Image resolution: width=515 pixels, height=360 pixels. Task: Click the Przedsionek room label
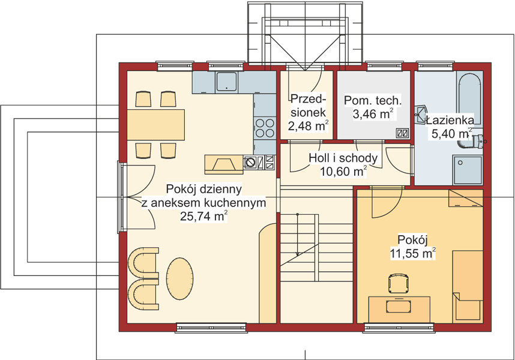[308, 106]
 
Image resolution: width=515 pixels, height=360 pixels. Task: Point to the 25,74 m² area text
[204, 216]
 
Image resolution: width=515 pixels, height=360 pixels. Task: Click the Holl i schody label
[343, 158]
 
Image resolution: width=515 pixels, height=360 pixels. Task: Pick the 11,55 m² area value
[413, 253]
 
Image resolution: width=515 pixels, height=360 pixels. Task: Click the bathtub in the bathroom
[469, 98]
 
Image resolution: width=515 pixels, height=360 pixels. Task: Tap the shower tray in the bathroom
[468, 170]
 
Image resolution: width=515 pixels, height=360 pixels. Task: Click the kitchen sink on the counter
[226, 82]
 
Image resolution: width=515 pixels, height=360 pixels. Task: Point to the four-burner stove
[265, 128]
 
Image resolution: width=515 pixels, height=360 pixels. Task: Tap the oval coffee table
[179, 278]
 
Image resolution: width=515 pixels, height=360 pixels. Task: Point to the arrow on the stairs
[298, 235]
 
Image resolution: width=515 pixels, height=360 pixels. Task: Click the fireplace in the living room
[224, 164]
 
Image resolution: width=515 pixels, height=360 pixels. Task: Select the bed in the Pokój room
[468, 287]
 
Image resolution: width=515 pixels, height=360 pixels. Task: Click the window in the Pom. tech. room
[384, 66]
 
